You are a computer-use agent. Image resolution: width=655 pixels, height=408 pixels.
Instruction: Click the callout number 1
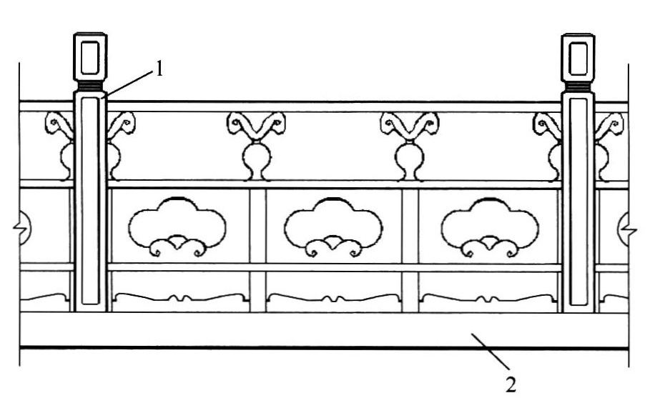[159, 69]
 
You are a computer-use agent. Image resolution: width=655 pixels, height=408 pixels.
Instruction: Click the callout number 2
[511, 384]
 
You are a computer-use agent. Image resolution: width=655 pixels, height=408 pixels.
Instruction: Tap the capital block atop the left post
[90, 56]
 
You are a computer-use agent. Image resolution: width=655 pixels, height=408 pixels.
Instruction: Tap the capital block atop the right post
[578, 58]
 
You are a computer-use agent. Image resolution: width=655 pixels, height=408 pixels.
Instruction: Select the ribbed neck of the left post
[90, 86]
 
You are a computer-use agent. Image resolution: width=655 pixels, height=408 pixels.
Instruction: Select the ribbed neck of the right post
[578, 87]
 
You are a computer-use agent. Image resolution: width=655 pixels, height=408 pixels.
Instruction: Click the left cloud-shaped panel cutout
[177, 227]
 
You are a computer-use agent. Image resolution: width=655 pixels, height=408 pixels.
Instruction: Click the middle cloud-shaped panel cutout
[333, 227]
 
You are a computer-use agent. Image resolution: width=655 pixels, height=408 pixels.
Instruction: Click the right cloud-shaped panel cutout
[490, 227]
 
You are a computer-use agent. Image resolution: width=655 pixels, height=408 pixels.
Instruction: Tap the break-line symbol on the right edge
[629, 229]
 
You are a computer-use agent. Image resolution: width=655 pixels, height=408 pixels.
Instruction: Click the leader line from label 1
[128, 84]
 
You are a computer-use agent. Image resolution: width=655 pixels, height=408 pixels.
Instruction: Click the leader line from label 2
[491, 352]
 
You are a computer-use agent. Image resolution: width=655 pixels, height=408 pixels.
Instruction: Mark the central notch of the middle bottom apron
[333, 298]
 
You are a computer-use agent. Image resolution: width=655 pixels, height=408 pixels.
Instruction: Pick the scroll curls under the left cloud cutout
[177, 246]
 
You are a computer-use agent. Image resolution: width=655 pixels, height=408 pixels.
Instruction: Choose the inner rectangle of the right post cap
[578, 59]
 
